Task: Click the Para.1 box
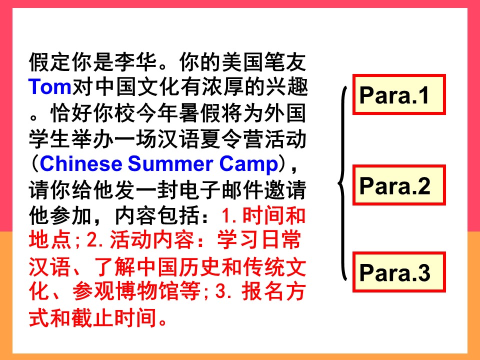[x=399, y=94]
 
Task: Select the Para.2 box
[x=399, y=185]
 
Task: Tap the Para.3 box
[x=399, y=272]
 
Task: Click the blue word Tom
[x=50, y=86]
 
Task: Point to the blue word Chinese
[x=81, y=164]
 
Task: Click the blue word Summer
[x=170, y=164]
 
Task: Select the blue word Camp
[x=248, y=164]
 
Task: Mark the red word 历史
[x=200, y=266]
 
